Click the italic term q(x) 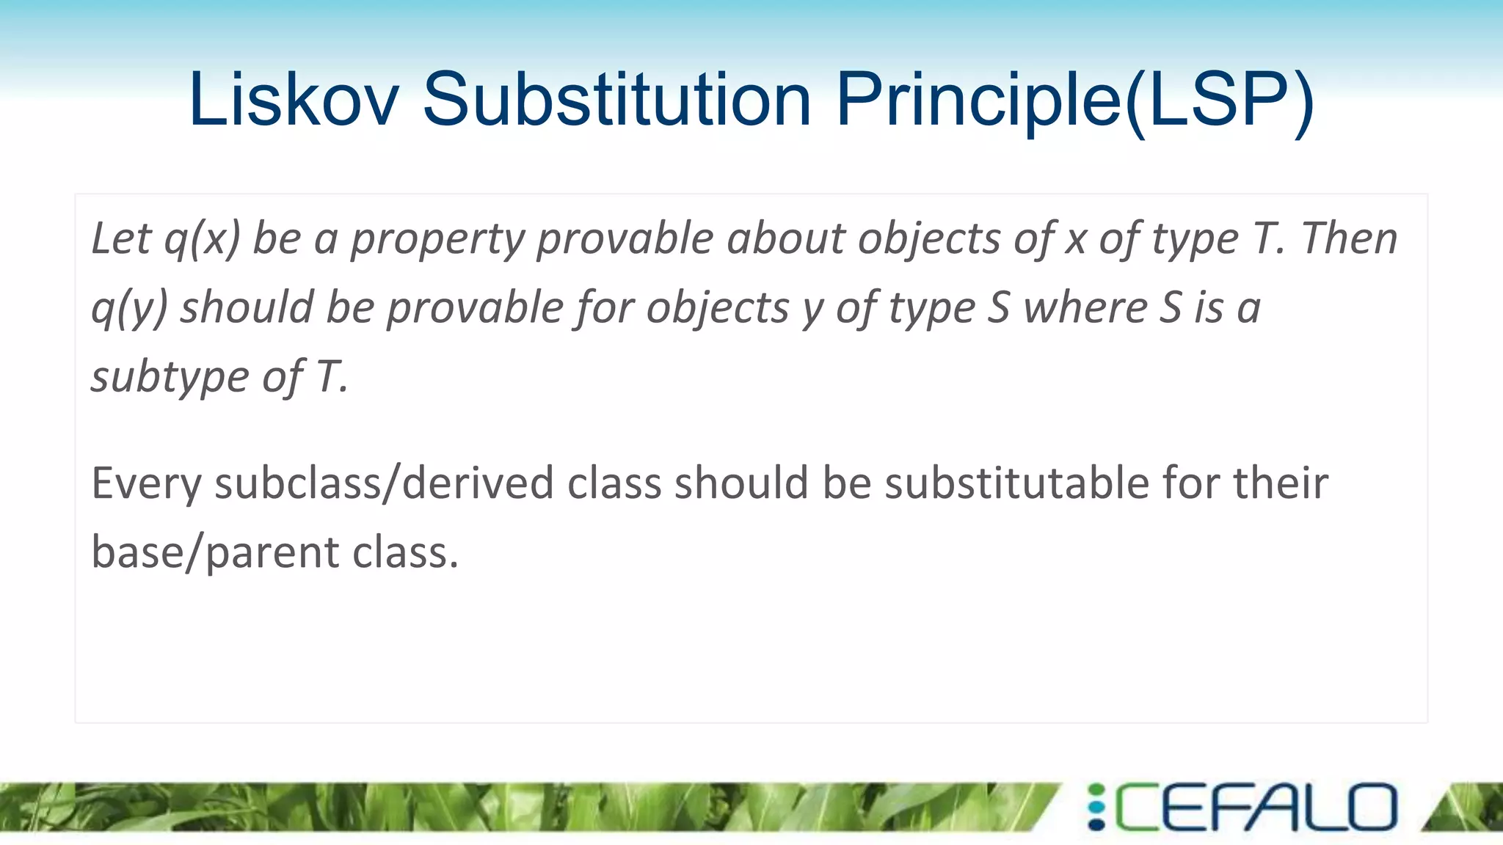202,239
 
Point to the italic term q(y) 129,308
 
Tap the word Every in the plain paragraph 146,484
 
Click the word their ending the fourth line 1280,484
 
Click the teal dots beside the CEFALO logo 1096,808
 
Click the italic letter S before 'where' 998,308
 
